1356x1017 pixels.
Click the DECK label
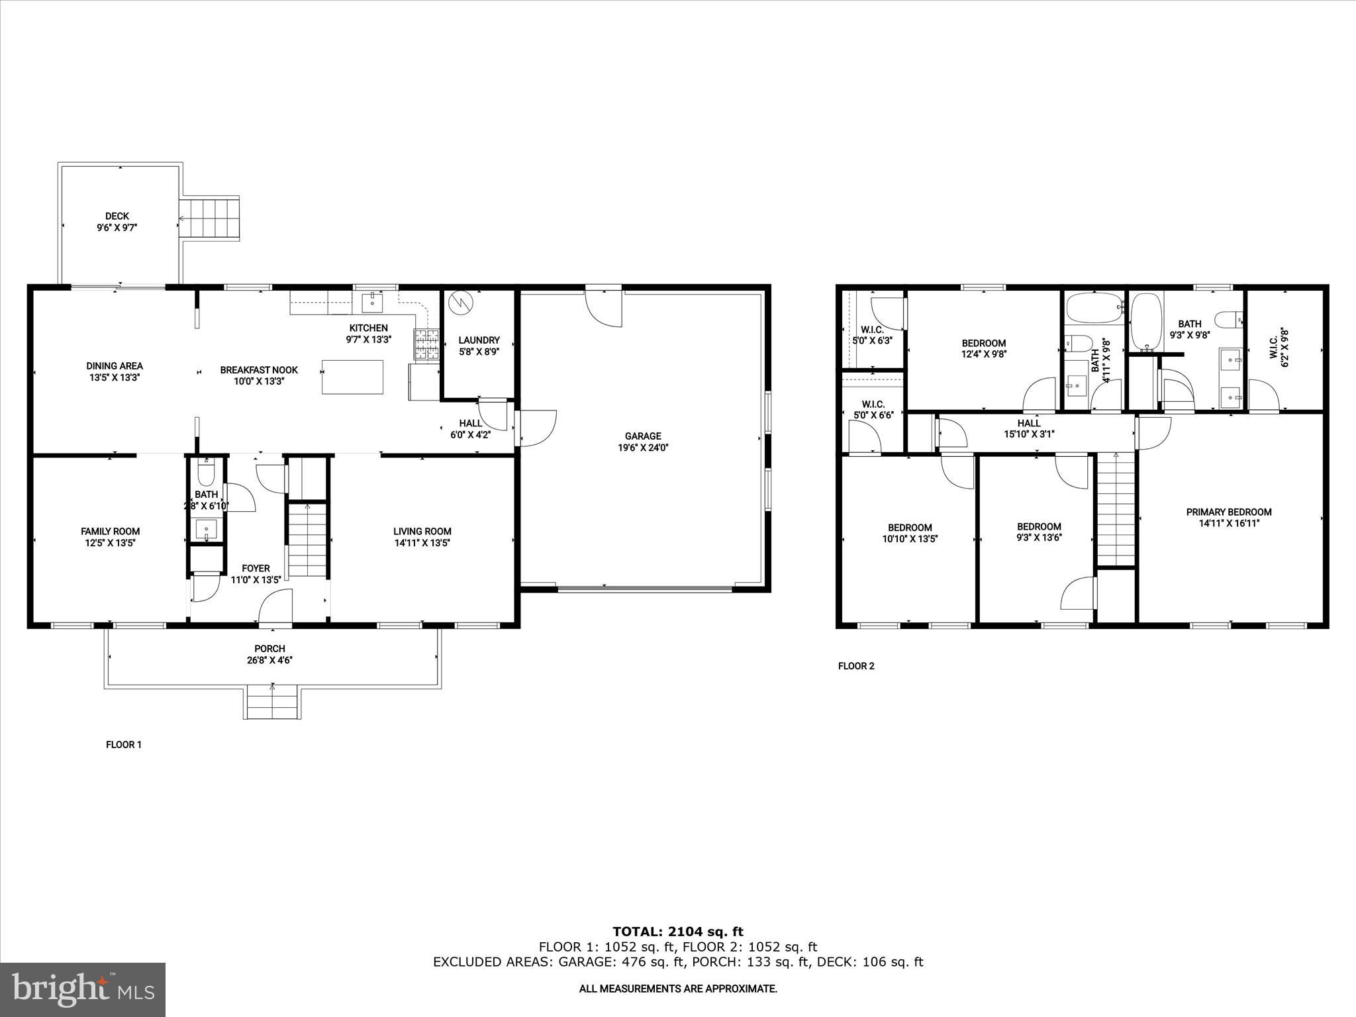[117, 216]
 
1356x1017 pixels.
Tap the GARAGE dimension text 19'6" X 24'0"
[642, 448]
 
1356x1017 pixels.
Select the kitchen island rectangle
[352, 377]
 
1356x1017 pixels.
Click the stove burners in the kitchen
[427, 344]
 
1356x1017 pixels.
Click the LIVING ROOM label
[422, 531]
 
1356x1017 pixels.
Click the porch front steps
[273, 704]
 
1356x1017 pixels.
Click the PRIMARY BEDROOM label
[1228, 512]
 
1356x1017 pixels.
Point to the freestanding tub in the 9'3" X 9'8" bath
[1146, 322]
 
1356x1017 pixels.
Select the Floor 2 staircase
[1116, 510]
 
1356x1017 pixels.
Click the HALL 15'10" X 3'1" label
[1028, 428]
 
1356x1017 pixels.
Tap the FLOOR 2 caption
[856, 666]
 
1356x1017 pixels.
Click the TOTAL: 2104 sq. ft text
[677, 932]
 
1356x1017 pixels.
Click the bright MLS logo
[83, 989]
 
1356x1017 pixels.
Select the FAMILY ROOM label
[110, 531]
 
